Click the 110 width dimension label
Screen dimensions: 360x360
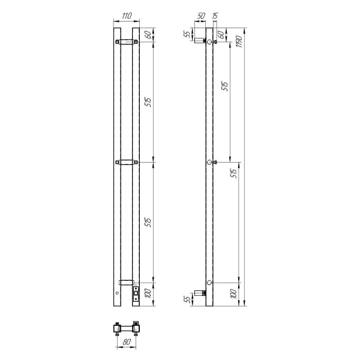click(127, 16)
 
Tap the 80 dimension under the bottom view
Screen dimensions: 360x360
click(127, 342)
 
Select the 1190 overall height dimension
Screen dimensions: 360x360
click(239, 41)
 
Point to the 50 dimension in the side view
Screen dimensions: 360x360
click(201, 16)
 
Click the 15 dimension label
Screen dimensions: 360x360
click(215, 16)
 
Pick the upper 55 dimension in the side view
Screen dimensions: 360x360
click(188, 34)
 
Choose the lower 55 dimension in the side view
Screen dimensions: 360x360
click(188, 298)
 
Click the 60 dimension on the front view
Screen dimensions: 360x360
click(149, 35)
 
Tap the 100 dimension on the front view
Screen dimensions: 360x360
click(149, 293)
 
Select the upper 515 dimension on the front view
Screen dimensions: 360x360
click(149, 102)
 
